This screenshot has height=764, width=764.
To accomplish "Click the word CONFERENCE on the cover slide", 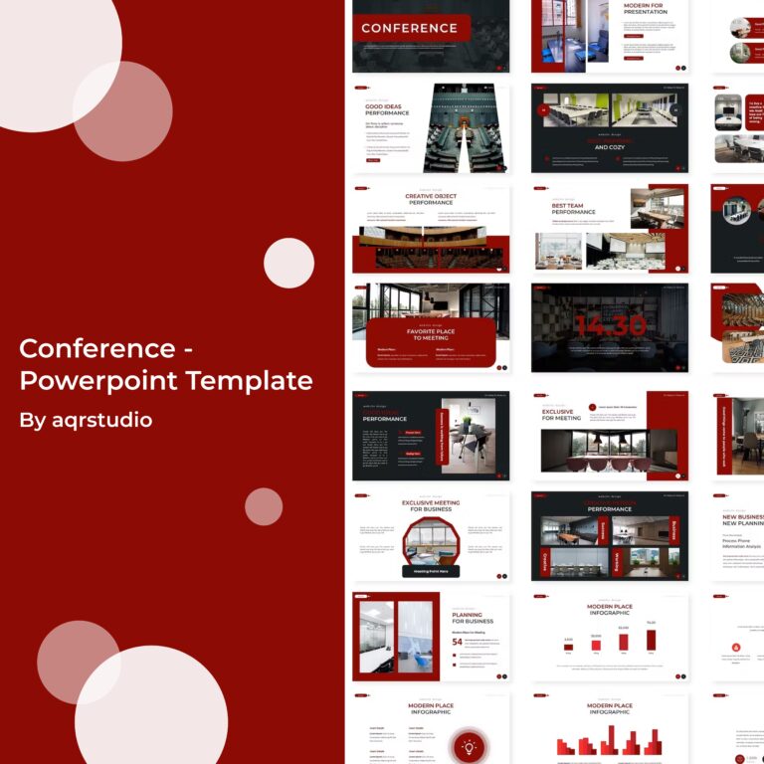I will point(409,28).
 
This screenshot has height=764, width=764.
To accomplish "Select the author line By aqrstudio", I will point(86,420).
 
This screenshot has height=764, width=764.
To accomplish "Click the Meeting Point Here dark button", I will point(431,571).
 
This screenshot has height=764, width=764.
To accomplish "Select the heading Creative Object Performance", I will point(431,199).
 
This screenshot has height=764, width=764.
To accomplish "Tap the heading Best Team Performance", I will point(573,209).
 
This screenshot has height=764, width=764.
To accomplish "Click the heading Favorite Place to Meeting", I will point(431,334).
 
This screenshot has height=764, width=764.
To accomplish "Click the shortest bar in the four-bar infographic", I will point(568,647).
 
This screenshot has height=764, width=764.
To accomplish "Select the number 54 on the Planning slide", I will point(457,642).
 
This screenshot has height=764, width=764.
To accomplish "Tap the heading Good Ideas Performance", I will point(387,109).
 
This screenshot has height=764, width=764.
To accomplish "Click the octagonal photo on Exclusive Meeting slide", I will point(431,541).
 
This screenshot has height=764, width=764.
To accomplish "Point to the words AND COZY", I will point(609,147).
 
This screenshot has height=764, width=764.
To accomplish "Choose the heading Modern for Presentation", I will point(645,9).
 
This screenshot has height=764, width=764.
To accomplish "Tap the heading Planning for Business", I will point(473,618).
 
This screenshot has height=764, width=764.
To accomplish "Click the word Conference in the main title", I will point(97,349).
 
